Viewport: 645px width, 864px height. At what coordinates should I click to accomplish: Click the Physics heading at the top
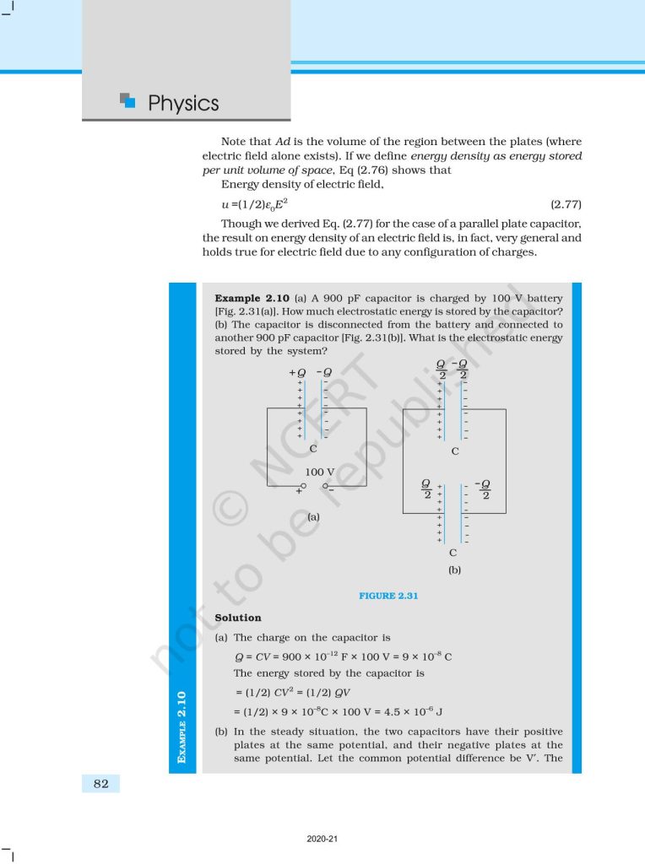point(182,104)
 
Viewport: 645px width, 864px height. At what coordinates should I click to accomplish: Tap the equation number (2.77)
point(565,205)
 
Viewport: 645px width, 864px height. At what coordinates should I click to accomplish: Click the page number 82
point(100,784)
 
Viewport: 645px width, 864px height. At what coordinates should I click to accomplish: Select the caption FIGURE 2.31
point(389,596)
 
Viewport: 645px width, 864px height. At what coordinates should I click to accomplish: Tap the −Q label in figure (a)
point(324,372)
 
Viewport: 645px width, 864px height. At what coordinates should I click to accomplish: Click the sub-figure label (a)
point(312,516)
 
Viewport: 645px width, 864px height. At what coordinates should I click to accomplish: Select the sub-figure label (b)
point(454,570)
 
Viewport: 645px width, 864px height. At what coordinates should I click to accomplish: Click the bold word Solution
point(238,618)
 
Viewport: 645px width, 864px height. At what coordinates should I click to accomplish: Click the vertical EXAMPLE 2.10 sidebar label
point(182,726)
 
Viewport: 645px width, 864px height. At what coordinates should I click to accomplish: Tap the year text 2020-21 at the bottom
point(322,839)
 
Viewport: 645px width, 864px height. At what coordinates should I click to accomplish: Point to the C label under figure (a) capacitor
point(312,450)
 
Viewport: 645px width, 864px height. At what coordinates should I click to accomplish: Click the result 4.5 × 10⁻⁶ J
point(418,711)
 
